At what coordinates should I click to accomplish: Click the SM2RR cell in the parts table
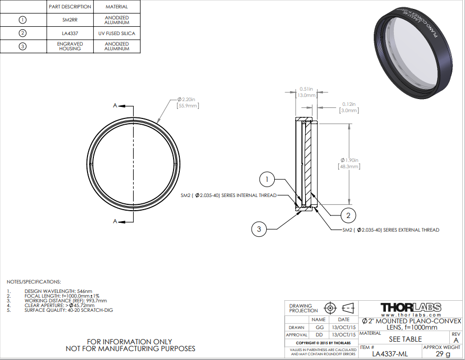[x=69, y=20]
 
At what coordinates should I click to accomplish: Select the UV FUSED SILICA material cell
[x=116, y=34]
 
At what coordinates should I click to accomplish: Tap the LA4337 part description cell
[x=69, y=34]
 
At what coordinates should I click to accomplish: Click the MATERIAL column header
[x=116, y=7]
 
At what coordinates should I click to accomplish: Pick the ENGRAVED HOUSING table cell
[x=69, y=46]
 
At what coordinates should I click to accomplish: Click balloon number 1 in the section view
[x=267, y=180]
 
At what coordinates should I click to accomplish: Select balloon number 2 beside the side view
[x=348, y=214]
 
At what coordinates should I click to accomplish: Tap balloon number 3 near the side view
[x=259, y=228]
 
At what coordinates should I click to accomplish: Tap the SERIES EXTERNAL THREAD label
[x=391, y=230]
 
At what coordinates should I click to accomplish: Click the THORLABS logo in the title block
[x=410, y=307]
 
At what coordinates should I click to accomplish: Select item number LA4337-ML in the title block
[x=390, y=354]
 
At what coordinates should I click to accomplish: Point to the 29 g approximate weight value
[x=442, y=354]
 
